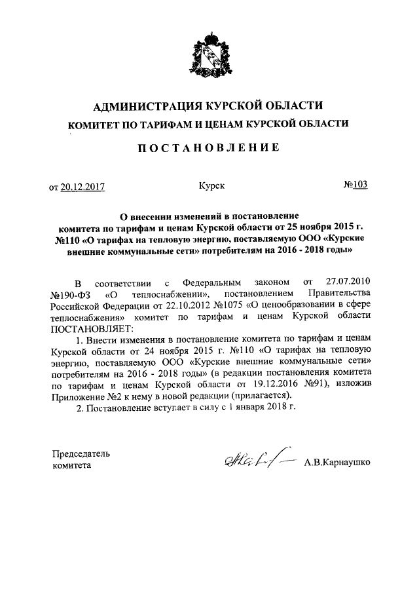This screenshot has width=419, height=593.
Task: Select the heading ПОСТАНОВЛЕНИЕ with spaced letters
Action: pos(210,149)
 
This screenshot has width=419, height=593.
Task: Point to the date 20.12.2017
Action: pos(82,187)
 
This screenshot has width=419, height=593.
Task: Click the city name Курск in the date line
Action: pos(211,186)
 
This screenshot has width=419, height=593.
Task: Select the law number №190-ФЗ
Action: pos(69,295)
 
